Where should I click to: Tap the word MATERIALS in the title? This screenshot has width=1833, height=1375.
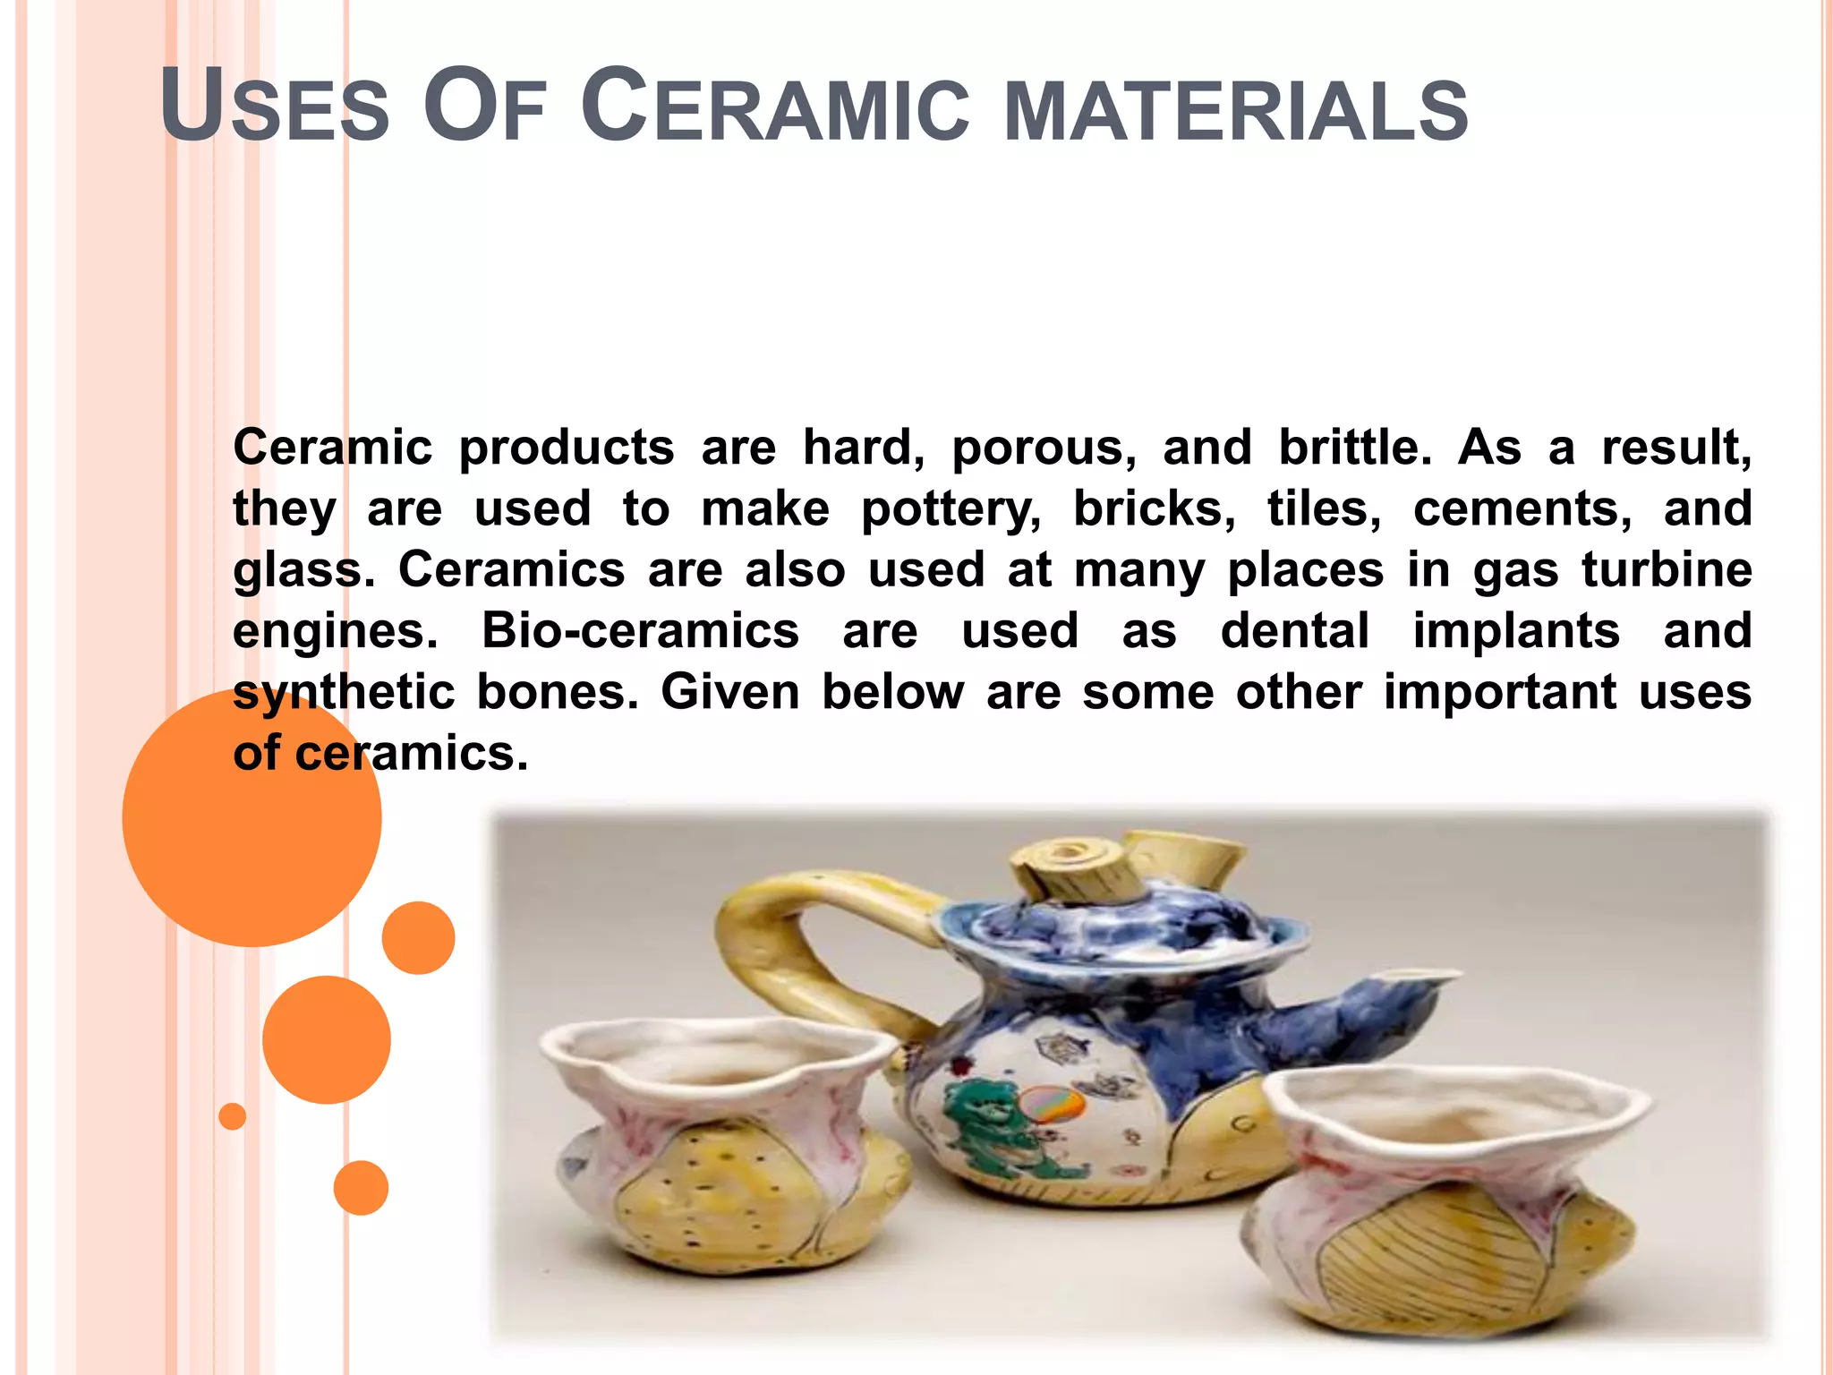tap(1236, 112)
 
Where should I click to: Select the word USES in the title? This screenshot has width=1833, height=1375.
tap(275, 107)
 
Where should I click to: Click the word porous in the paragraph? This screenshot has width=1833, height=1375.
tap(1044, 448)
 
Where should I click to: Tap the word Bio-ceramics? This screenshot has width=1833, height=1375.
tap(640, 630)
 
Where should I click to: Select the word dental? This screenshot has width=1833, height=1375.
tap(1295, 630)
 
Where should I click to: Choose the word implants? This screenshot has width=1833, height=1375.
tap(1516, 632)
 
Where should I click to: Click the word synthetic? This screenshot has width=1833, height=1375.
tap(344, 693)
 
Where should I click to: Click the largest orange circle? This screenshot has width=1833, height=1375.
tap(252, 816)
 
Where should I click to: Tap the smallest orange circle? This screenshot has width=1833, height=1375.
tap(233, 1116)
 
